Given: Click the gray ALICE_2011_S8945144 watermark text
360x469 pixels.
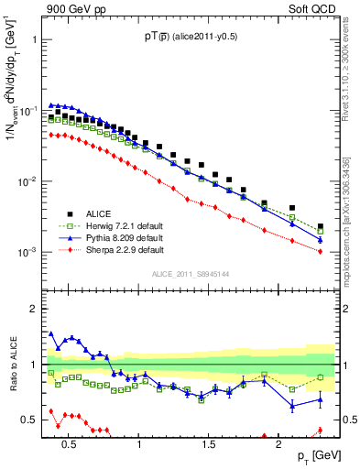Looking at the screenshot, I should pos(189,273).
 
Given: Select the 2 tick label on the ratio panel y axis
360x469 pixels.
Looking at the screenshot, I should pos(32,309).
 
